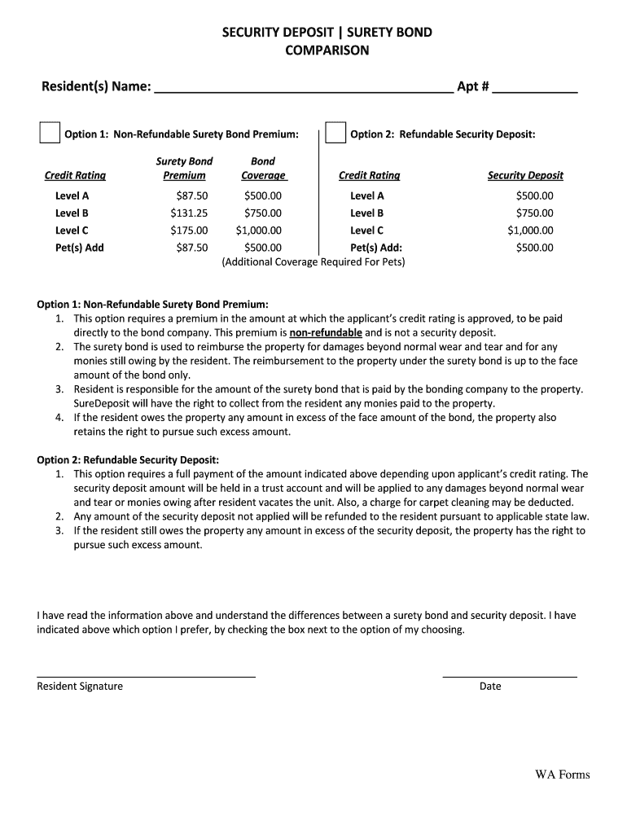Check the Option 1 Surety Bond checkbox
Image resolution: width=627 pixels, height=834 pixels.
pos(50,133)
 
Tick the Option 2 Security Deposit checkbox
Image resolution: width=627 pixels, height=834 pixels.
pos(335,133)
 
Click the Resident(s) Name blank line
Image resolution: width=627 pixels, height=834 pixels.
pos(303,88)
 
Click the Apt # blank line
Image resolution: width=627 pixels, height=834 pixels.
pos(535,88)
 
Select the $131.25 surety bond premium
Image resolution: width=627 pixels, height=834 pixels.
pos(189,213)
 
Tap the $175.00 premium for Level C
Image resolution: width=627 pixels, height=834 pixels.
pos(189,230)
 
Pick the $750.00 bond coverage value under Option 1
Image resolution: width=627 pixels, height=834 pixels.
pos(262,213)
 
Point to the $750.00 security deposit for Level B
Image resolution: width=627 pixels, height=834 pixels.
pos(534,213)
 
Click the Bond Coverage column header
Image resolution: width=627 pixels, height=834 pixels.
pos(263,169)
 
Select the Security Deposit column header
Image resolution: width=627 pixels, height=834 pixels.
pos(525,175)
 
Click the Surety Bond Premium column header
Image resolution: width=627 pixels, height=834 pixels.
pos(184,169)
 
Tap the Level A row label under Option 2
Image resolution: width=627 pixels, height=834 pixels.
pos(366,195)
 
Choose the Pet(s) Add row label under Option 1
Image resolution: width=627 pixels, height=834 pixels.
pos(80,248)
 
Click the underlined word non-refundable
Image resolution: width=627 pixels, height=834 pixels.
pos(326,333)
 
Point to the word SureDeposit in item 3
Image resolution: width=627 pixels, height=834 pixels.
pos(104,403)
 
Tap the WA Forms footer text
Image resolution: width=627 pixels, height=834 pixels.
pos(562,775)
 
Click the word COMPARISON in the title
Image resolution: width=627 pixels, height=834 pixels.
pos(327,50)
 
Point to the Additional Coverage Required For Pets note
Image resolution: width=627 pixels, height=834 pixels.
pos(313,262)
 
